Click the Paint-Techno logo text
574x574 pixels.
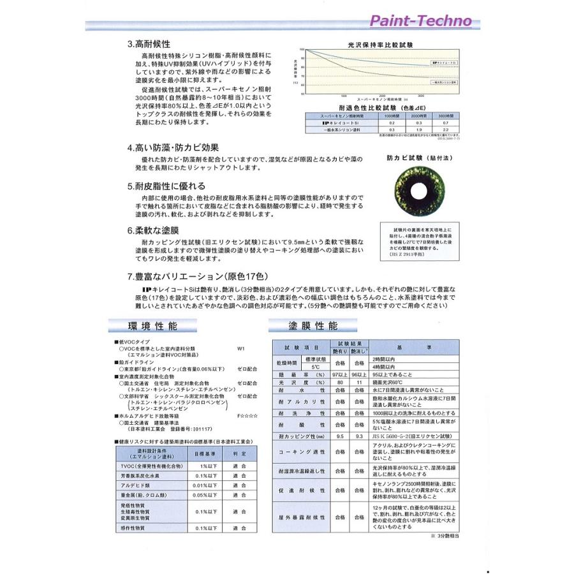point(420,21)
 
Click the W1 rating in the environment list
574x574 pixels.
point(240,349)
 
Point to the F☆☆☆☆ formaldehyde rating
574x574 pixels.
point(246,415)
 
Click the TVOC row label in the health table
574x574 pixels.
point(149,467)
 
